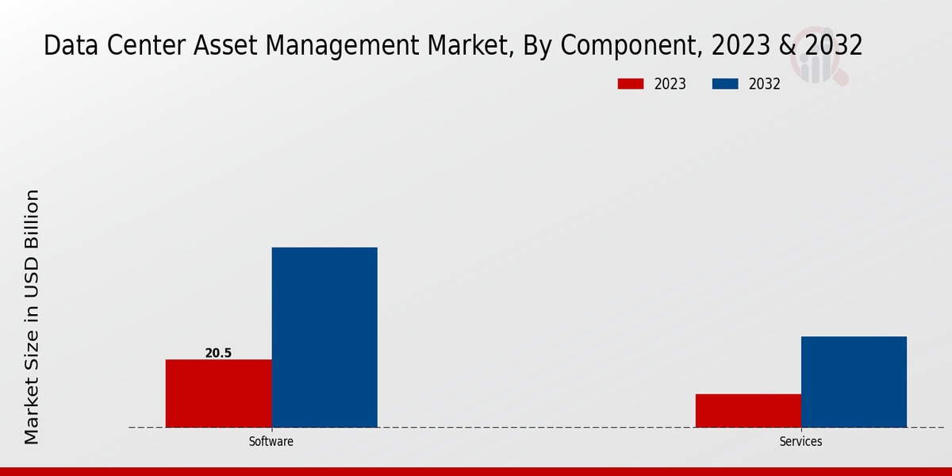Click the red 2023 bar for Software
click(x=218, y=393)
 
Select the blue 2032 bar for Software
click(x=324, y=337)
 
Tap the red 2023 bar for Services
click(x=748, y=411)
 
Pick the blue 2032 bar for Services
click(x=854, y=382)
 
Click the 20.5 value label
click(x=218, y=353)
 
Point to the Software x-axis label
click(x=271, y=442)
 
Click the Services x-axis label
click(x=800, y=442)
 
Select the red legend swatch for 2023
click(x=631, y=84)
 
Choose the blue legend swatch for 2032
click(x=725, y=84)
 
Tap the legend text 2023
click(x=670, y=84)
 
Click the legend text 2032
click(x=765, y=84)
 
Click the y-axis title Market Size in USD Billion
click(x=32, y=317)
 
